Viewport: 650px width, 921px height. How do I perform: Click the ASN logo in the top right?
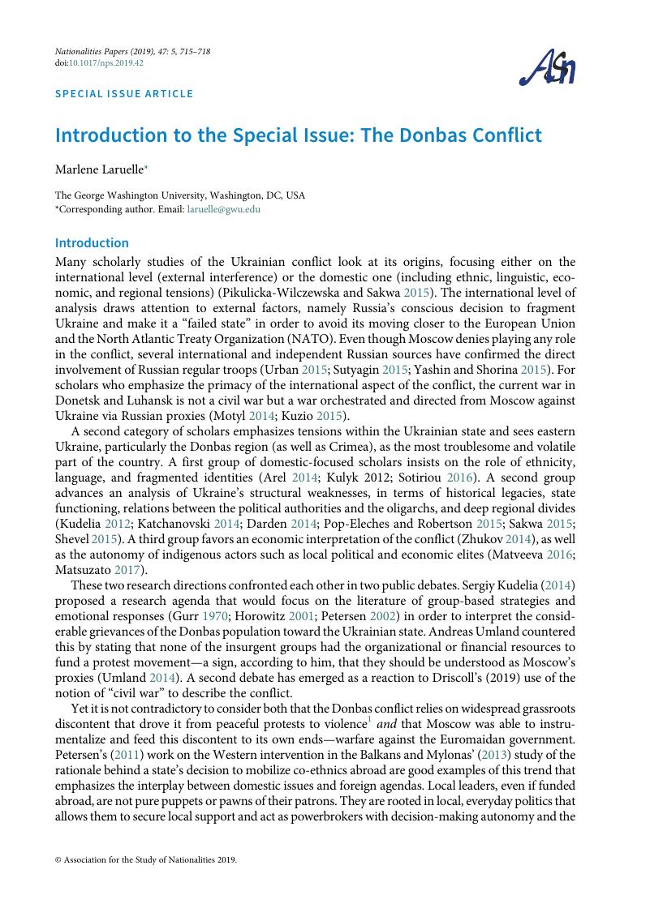tap(548, 68)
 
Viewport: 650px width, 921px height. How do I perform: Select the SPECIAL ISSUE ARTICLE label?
tap(124, 93)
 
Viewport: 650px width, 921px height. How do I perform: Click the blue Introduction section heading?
tap(92, 242)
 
